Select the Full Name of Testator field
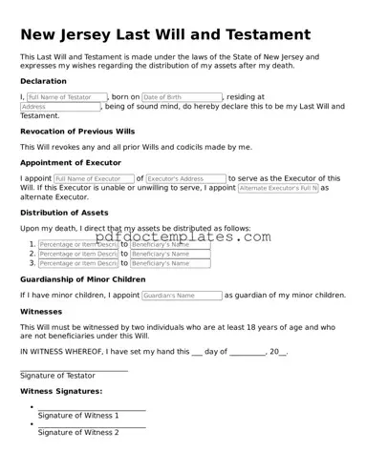point(66,97)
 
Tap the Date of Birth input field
point(181,97)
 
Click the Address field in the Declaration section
point(60,107)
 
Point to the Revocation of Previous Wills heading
point(77,131)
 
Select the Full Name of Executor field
point(93,178)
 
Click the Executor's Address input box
point(185,178)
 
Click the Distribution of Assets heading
point(70,213)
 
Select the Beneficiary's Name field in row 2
point(157,254)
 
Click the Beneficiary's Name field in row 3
point(157,263)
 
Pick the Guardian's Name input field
point(181,296)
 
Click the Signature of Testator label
point(57,376)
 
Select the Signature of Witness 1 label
point(78,416)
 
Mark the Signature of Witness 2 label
point(78,432)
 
